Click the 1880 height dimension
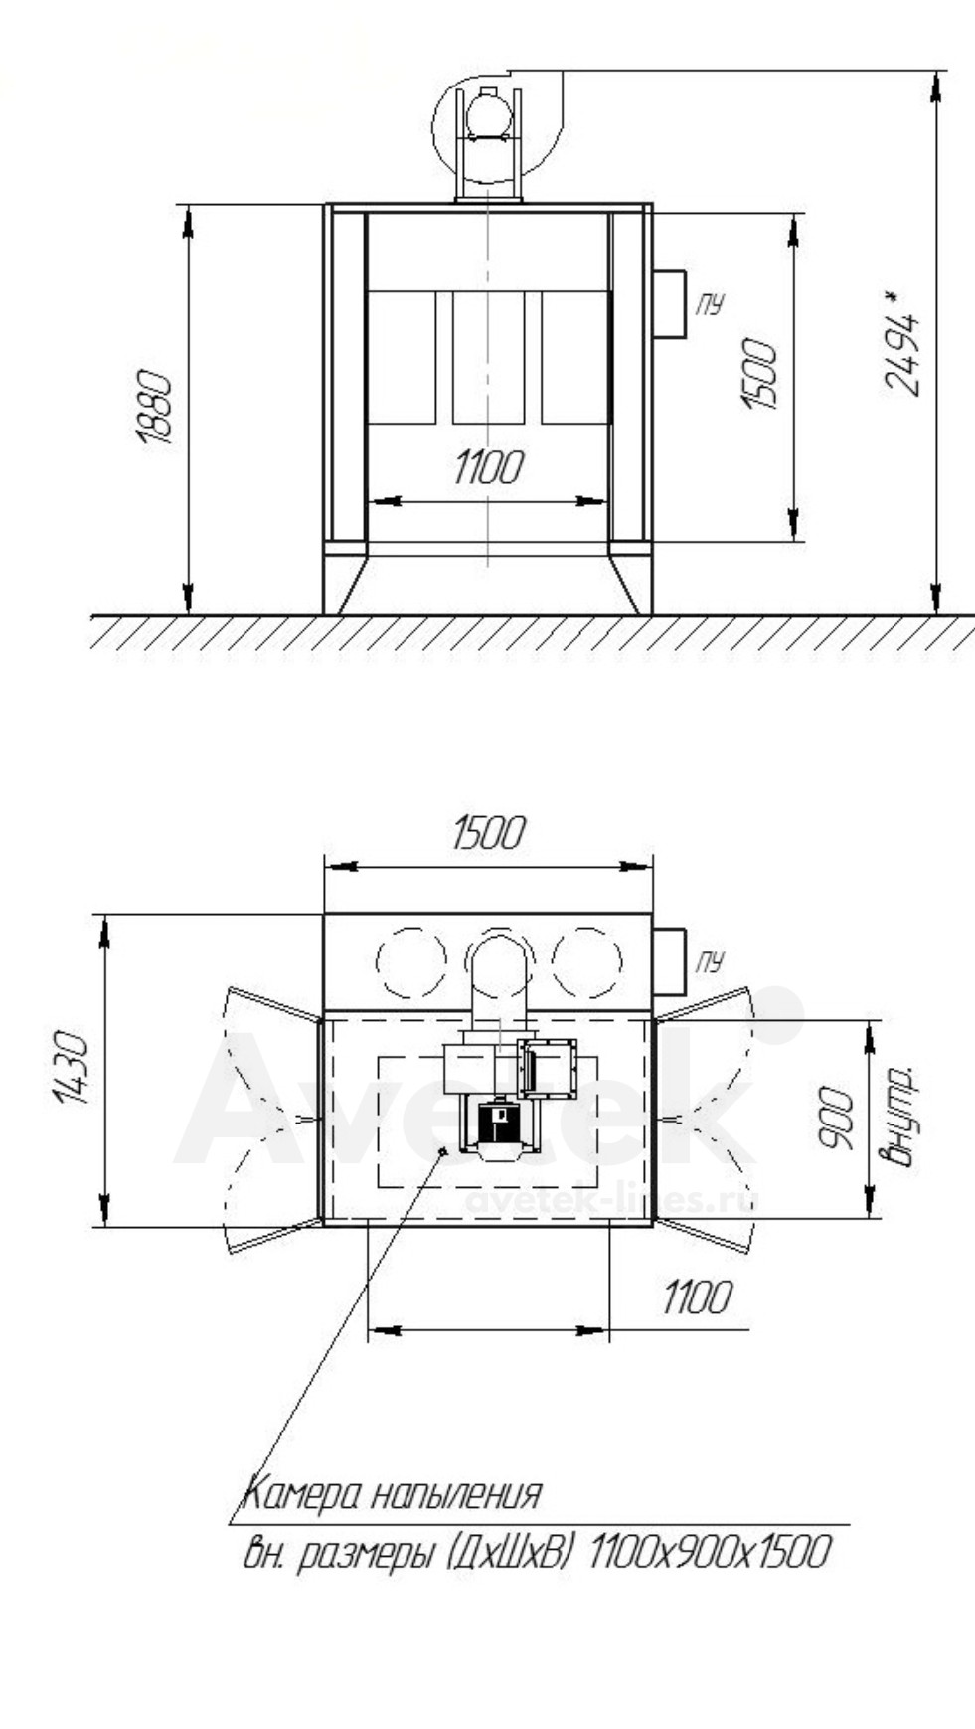coord(155,408)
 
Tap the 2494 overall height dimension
coord(900,342)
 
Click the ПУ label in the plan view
coord(710,961)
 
